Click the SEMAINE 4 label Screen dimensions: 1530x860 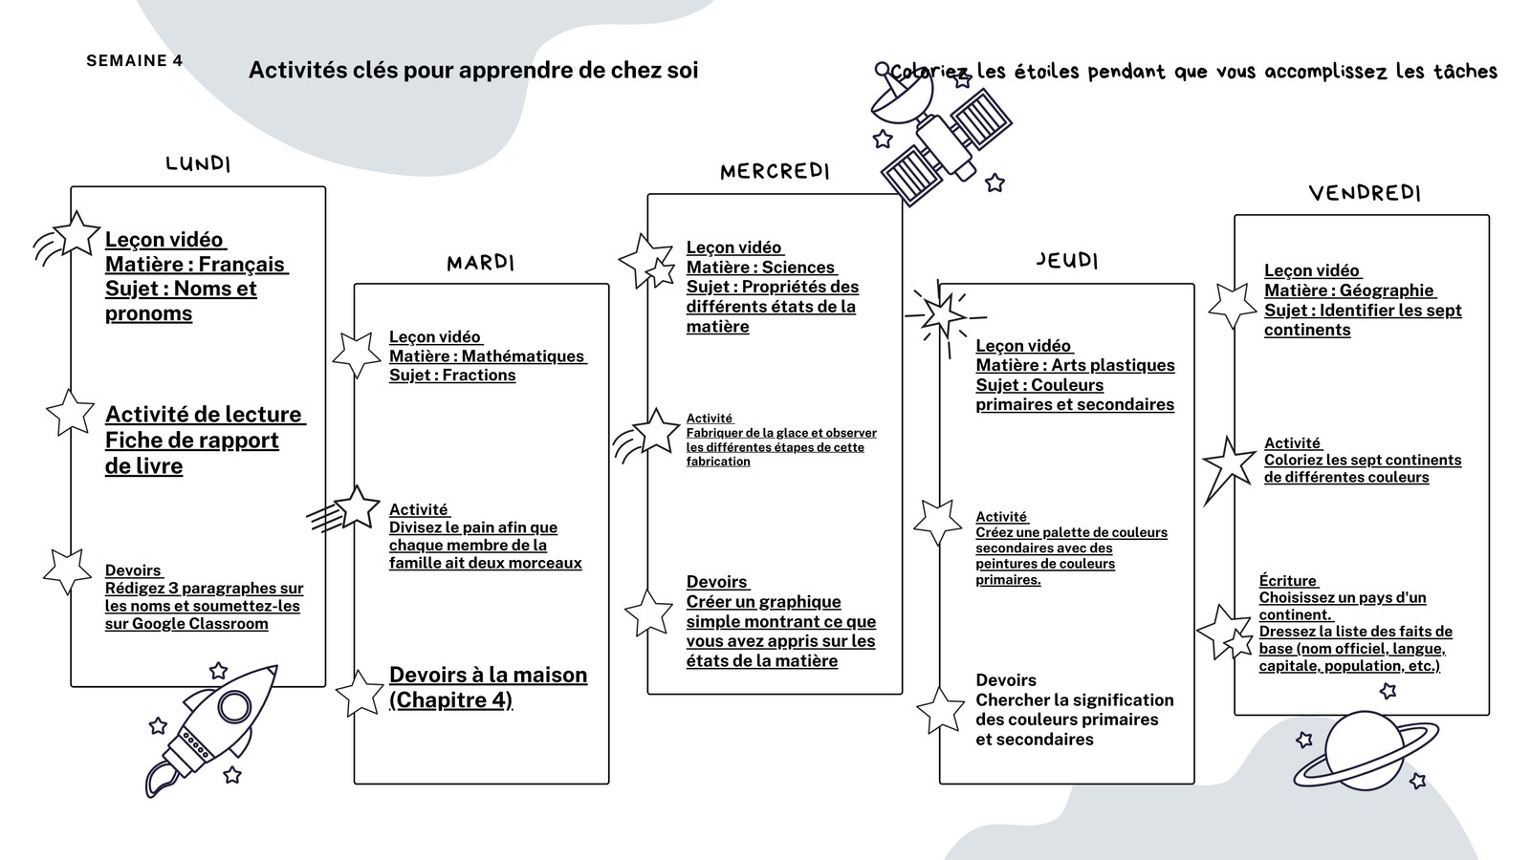(135, 61)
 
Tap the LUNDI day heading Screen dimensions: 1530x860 (198, 163)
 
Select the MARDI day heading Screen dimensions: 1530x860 (480, 263)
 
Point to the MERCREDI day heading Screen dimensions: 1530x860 (775, 171)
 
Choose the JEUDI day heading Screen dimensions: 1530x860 (1067, 260)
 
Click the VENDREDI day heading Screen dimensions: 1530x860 (1365, 193)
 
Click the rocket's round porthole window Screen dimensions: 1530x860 (234, 706)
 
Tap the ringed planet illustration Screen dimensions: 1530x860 (1366, 751)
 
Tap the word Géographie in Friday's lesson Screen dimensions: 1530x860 (1386, 290)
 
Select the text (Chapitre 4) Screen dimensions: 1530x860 (450, 700)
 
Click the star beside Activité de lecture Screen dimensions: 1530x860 (71, 412)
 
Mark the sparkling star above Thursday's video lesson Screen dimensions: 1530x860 (944, 316)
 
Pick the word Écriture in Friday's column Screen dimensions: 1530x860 (1287, 581)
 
